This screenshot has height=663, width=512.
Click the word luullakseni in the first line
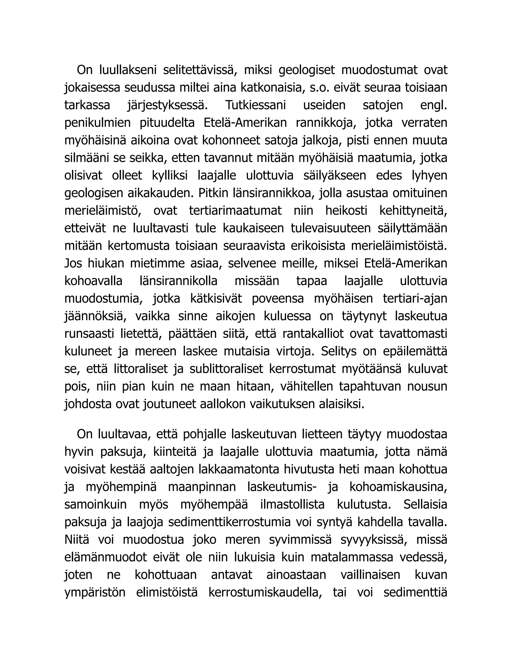click(x=128, y=70)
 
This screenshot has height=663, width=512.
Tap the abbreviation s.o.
click(x=319, y=88)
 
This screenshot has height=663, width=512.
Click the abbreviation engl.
click(x=434, y=105)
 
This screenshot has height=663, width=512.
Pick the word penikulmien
click(x=97, y=123)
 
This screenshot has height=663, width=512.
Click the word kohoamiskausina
click(x=398, y=487)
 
